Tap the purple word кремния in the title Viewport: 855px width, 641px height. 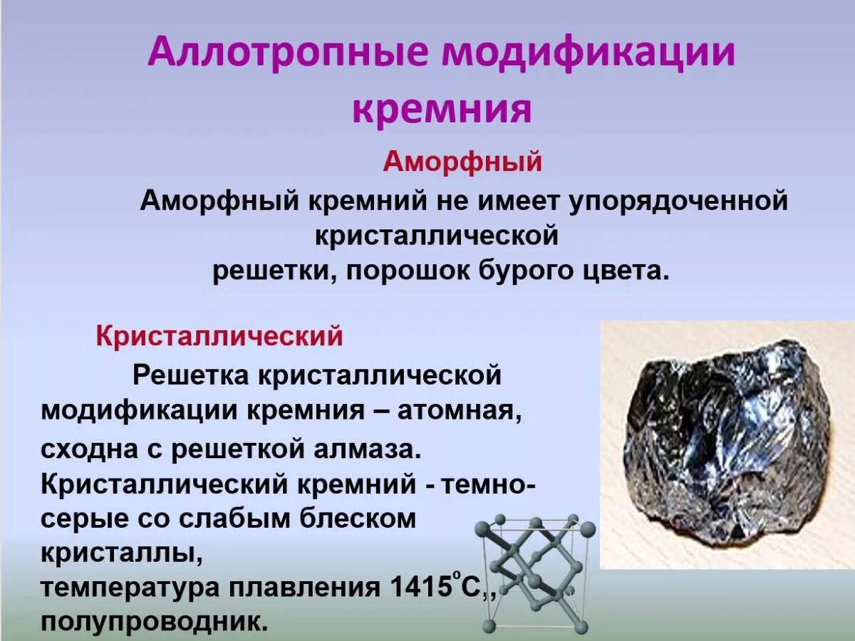(442, 111)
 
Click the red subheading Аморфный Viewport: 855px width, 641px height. (462, 162)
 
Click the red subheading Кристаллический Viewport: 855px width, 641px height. (219, 336)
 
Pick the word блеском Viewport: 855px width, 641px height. (356, 518)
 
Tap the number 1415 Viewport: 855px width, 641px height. (421, 588)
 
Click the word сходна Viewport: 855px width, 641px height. (86, 450)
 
